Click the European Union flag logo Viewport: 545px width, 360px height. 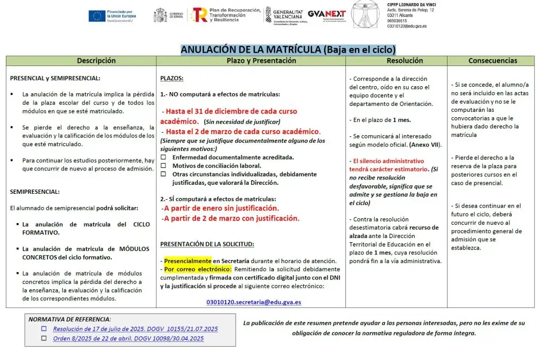pos(97,16)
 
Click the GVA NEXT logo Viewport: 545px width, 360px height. pos(327,15)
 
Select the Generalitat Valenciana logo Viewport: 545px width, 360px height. pos(284,15)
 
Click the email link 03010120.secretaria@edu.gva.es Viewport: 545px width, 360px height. pos(253,302)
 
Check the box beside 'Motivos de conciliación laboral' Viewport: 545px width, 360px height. pos(163,166)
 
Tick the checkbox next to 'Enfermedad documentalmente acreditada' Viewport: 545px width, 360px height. pos(163,158)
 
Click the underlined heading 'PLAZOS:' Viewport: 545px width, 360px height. pos(172,78)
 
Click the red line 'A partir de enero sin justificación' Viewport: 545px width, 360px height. pos(221,208)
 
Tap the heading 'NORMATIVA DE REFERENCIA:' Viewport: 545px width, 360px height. pos(70,319)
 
